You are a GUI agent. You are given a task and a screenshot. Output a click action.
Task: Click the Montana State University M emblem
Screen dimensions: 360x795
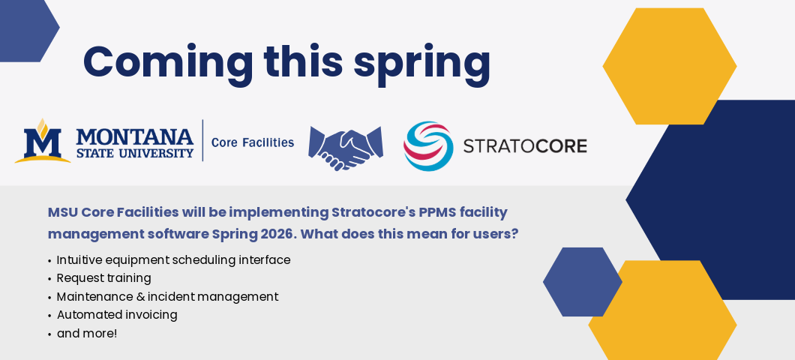pyautogui.click(x=42, y=141)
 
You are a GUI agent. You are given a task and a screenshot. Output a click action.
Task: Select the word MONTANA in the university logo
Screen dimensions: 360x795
pyautogui.click(x=135, y=136)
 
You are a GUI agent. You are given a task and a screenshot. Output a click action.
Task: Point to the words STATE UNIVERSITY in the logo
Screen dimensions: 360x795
pyautogui.click(x=135, y=153)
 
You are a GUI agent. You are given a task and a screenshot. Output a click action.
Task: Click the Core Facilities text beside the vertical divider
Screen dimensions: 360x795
pyautogui.click(x=253, y=142)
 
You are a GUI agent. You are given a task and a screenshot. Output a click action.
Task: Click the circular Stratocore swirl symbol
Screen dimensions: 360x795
pyautogui.click(x=428, y=145)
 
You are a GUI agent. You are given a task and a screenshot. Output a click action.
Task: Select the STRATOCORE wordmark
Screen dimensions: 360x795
pyautogui.click(x=525, y=145)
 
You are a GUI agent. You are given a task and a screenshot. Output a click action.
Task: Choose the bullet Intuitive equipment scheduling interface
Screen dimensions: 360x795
pyautogui.click(x=173, y=260)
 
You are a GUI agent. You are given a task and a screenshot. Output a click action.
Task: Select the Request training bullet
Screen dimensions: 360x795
pyautogui.click(x=103, y=278)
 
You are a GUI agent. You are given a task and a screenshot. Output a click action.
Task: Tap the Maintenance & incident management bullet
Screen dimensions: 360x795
pyautogui.click(x=167, y=297)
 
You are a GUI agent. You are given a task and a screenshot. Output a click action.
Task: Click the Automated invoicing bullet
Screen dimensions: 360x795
pyautogui.click(x=117, y=315)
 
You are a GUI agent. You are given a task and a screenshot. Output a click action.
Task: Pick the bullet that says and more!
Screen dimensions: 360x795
pyautogui.click(x=87, y=334)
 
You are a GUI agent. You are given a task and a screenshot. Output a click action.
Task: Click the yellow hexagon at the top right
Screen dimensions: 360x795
pyautogui.click(x=669, y=66)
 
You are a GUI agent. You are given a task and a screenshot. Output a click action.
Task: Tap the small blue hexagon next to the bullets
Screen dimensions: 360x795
pyautogui.click(x=582, y=282)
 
